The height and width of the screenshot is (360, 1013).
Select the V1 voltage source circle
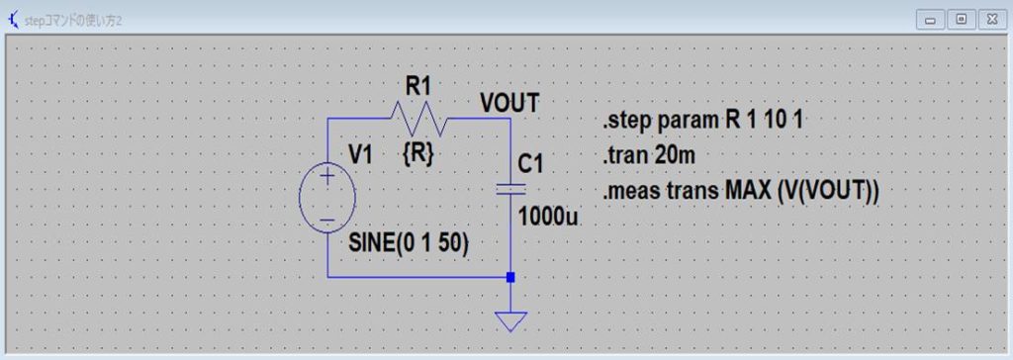click(x=326, y=198)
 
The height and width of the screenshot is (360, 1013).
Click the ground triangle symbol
click(x=510, y=321)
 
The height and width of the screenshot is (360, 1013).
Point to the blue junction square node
click(x=510, y=278)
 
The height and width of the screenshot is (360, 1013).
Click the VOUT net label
click(x=509, y=102)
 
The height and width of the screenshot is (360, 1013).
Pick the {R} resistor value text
click(x=416, y=154)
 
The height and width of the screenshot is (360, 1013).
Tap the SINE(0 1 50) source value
click(x=409, y=243)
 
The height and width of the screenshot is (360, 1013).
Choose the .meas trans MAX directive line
click(x=741, y=190)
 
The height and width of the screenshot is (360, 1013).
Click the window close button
click(x=990, y=19)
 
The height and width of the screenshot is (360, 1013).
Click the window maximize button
click(x=960, y=19)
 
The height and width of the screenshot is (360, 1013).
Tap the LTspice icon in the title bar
click(x=13, y=19)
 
